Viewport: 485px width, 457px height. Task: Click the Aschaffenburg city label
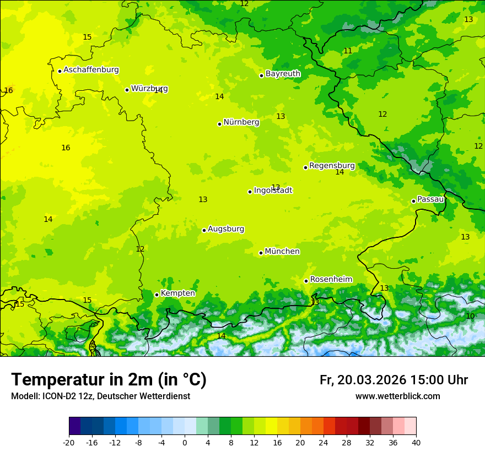tap(91, 70)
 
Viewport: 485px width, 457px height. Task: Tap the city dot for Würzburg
tap(127, 90)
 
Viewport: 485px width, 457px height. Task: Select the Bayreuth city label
tap(283, 74)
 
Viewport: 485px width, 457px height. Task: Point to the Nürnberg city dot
tap(219, 124)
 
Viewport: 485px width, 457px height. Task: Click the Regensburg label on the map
tap(332, 166)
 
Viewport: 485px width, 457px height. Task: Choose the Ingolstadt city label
tap(273, 191)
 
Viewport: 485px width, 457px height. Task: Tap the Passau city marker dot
tap(413, 201)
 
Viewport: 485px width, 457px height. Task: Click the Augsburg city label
tap(226, 229)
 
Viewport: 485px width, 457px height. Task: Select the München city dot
tap(261, 253)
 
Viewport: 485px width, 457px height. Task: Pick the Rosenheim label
tap(331, 280)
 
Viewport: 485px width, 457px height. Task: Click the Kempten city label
tap(177, 293)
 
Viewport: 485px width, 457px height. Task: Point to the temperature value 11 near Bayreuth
tap(348, 51)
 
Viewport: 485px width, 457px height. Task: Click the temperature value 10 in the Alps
tap(470, 316)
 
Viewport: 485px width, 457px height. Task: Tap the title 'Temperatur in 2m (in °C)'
tap(109, 380)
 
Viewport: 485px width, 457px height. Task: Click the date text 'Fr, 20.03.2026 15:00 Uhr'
tap(394, 380)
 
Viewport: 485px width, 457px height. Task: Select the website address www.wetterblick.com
tap(397, 396)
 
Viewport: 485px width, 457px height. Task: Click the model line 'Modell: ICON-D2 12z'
tap(100, 396)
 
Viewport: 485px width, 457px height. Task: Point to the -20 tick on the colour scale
tap(69, 443)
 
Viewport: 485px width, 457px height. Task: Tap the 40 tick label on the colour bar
tap(416, 443)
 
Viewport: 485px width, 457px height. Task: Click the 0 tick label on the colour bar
tap(185, 443)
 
